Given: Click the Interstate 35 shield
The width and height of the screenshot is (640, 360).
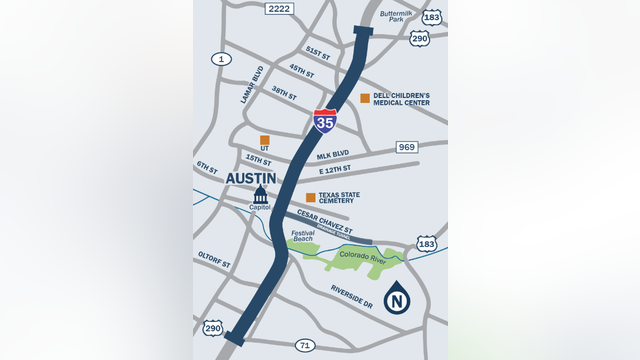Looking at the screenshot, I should pos(324,121).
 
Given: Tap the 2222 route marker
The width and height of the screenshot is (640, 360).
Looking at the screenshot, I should pos(279,8).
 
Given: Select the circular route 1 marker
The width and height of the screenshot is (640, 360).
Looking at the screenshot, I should pos(221,59).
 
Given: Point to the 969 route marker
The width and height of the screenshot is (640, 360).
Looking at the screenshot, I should pos(406,147).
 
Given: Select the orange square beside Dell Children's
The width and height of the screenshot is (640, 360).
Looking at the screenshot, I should pos(365,98).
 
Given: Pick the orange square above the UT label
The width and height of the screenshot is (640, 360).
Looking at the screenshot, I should pos(265,140).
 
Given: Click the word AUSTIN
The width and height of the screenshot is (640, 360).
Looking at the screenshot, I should pos(251,178).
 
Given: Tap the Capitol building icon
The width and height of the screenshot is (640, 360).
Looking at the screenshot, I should pos(260,194).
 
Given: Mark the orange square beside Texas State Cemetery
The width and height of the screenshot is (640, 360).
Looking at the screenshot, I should pos(310,198).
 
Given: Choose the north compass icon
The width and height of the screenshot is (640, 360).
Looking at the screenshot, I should pos(397,299).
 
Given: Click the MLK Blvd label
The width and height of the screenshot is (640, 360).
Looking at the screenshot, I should pos(332,156).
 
